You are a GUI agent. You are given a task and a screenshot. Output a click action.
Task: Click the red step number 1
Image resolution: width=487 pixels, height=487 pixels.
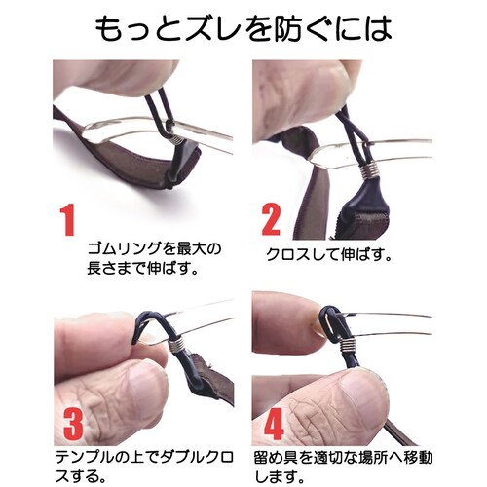tap(68, 220)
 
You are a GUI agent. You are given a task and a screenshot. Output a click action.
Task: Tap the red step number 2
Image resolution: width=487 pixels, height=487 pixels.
tap(271, 220)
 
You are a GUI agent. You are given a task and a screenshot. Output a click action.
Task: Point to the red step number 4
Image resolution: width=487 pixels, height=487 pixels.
tap(275, 423)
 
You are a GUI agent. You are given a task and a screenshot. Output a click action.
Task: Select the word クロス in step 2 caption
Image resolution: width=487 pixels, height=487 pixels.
tap(288, 255)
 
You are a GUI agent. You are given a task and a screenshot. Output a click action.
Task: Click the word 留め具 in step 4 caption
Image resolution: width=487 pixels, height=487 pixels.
tap(276, 457)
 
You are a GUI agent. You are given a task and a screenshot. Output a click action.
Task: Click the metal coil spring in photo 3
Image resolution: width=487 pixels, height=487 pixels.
tap(175, 342)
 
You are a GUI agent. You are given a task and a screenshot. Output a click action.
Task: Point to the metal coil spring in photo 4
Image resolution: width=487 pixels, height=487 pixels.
tap(348, 344)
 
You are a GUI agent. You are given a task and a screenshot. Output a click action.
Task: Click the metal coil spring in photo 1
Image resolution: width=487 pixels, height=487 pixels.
tap(176, 139)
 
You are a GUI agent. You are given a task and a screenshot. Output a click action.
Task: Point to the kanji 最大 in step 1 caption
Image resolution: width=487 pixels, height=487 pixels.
tap(191, 249)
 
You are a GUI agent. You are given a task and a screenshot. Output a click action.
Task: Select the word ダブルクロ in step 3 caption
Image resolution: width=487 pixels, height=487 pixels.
tap(197, 457)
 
